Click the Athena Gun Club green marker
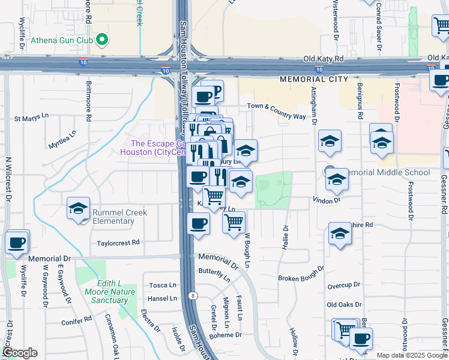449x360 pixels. pos(102,41)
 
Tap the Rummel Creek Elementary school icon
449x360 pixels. pos(78,209)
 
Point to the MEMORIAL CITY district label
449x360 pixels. pos(313,79)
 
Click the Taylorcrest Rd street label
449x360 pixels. pos(118,243)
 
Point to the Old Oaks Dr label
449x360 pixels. pos(344,305)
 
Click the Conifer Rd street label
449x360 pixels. pos(75,322)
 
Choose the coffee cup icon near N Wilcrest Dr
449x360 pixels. pos(17,242)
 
